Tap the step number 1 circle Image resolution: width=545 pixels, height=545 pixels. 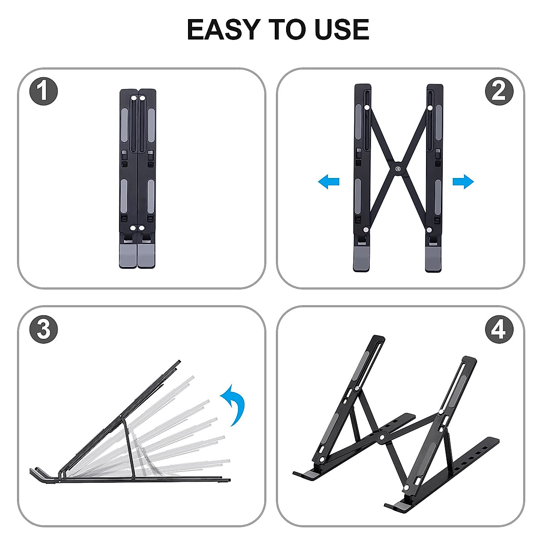point(44,91)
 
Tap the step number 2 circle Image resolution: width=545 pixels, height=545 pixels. point(499,91)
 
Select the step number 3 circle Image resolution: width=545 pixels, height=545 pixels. point(44,329)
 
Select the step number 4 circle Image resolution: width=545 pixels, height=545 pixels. point(499,329)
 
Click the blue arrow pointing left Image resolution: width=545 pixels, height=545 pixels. point(329,182)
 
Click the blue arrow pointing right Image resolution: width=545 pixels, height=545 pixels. point(463,182)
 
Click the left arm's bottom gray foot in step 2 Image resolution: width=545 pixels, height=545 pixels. point(362,259)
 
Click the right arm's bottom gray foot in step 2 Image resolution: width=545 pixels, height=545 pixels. point(434,259)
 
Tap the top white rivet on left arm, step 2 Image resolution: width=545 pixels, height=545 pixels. point(367,108)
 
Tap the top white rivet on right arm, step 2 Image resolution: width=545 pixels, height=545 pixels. point(430,108)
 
